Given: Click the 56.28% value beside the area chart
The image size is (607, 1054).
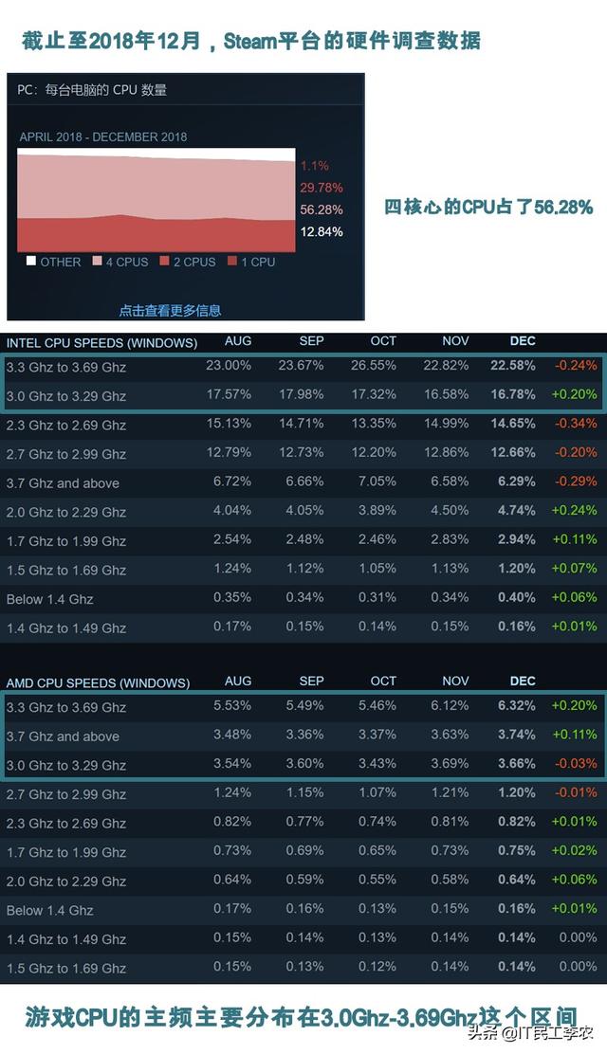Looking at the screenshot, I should pyautogui.click(x=321, y=209).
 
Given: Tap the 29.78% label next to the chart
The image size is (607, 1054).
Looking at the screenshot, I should pyautogui.click(x=321, y=188).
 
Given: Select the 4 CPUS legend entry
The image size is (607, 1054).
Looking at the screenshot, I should pyautogui.click(x=120, y=262).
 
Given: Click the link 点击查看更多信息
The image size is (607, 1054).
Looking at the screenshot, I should pyautogui.click(x=170, y=310).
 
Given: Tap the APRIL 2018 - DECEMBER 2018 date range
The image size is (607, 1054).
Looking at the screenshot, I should pyautogui.click(x=103, y=136).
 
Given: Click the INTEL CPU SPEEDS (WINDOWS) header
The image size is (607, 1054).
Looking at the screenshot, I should pyautogui.click(x=102, y=342).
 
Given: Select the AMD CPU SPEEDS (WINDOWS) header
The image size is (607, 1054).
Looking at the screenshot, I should pyautogui.click(x=98, y=682).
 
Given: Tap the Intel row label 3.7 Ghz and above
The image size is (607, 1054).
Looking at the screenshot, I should pyautogui.click(x=63, y=483).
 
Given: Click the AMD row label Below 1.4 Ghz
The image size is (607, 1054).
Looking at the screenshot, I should pyautogui.click(x=50, y=911).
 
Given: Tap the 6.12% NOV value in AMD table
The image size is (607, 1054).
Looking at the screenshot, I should pyautogui.click(x=455, y=706).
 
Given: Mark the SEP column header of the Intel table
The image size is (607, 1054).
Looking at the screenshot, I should pyautogui.click(x=311, y=341).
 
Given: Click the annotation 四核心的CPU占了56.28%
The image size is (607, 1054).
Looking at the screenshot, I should pyautogui.click(x=488, y=207).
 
